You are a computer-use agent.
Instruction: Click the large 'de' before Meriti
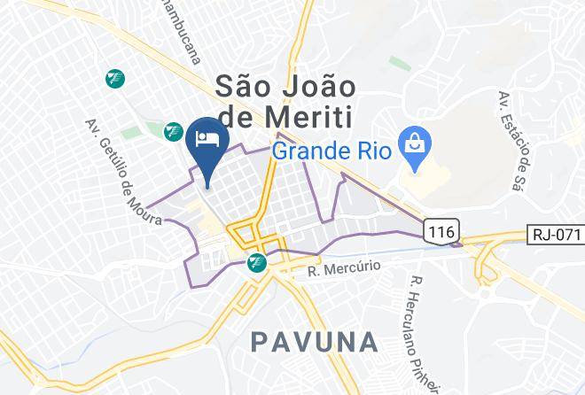tap(232, 117)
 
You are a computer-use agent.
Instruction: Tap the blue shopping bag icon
tap(413, 140)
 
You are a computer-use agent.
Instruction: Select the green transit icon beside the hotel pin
tap(174, 132)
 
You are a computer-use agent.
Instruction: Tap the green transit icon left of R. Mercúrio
tap(257, 262)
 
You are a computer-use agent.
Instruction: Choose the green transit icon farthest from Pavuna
tap(113, 78)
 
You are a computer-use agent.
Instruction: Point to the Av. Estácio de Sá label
tap(507, 140)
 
